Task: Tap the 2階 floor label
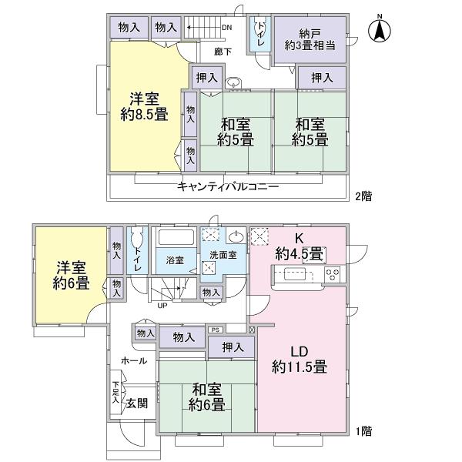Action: click(363, 196)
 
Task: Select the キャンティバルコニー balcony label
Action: click(228, 186)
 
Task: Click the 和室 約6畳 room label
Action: click(208, 397)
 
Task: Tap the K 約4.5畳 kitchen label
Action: click(301, 247)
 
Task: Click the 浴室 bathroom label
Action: click(176, 260)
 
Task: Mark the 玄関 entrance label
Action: click(137, 403)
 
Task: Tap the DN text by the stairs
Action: click(226, 28)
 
